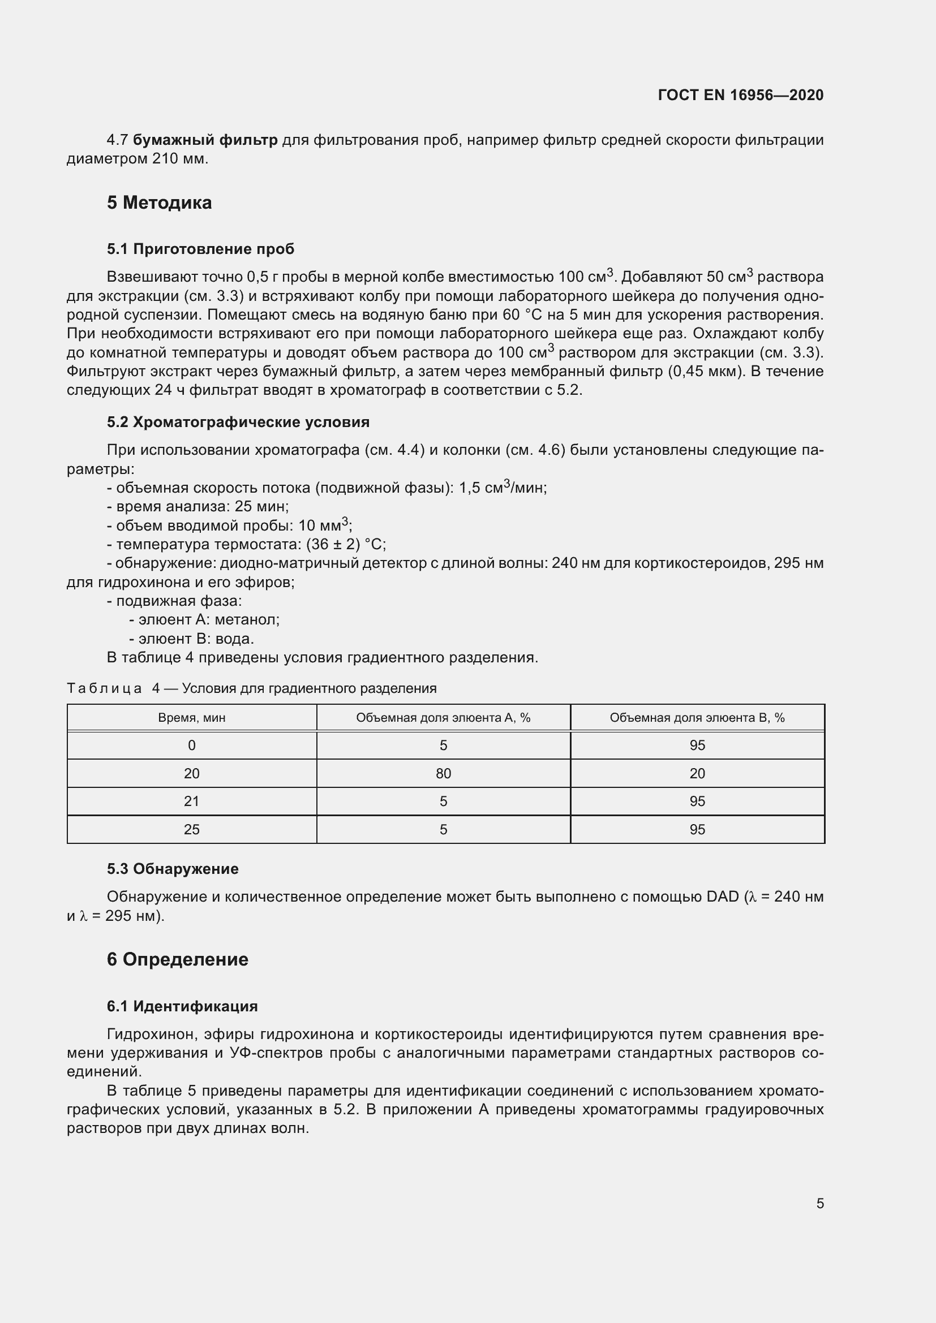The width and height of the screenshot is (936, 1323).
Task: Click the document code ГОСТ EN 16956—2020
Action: coord(740,95)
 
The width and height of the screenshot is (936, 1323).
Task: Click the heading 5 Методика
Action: coord(159,203)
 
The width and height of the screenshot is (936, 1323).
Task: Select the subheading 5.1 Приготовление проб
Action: coord(200,249)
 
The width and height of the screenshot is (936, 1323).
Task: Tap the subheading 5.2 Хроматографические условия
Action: coord(238,422)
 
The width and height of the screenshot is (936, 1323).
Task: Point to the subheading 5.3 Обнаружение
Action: coord(173,868)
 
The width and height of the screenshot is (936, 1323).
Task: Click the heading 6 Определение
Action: coord(178,959)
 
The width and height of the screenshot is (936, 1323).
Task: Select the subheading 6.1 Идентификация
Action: coord(182,1006)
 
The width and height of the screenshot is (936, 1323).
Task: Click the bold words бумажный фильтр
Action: coord(205,140)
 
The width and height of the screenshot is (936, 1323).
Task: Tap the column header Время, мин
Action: coord(191,718)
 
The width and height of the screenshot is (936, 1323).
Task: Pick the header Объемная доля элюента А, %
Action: coord(443,718)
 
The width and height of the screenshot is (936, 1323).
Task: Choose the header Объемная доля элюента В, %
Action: coord(697,718)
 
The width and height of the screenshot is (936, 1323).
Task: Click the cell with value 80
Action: coord(443,773)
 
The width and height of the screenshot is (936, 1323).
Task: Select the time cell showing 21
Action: coord(191,801)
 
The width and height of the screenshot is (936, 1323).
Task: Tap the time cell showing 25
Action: coord(191,829)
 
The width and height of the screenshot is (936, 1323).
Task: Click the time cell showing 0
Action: coord(191,745)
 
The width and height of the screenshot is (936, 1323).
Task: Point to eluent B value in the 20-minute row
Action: coord(697,773)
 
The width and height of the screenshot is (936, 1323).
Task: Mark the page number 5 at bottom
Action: coord(819,1203)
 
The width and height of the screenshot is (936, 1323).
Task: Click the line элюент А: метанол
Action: coord(204,619)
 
